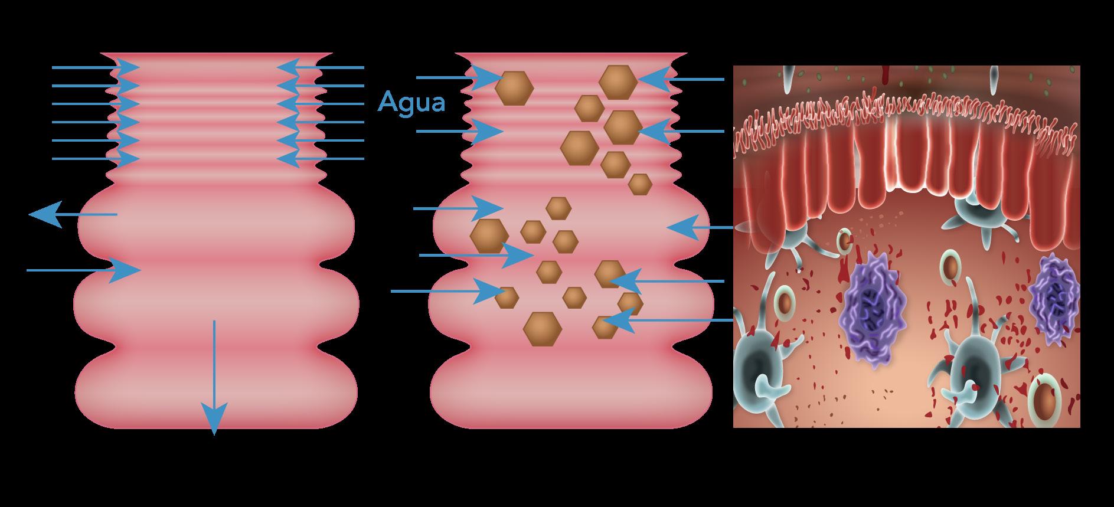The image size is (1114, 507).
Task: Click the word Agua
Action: [x=411, y=102]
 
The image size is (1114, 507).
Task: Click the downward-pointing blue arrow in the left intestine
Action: [x=214, y=378]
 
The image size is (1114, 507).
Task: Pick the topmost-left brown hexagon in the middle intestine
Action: [x=514, y=89]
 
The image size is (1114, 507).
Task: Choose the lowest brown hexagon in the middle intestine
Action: [x=542, y=329]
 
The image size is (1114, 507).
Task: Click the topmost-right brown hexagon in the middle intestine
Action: [x=618, y=81]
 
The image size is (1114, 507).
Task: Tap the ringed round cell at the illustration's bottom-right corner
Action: [x=1045, y=403]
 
